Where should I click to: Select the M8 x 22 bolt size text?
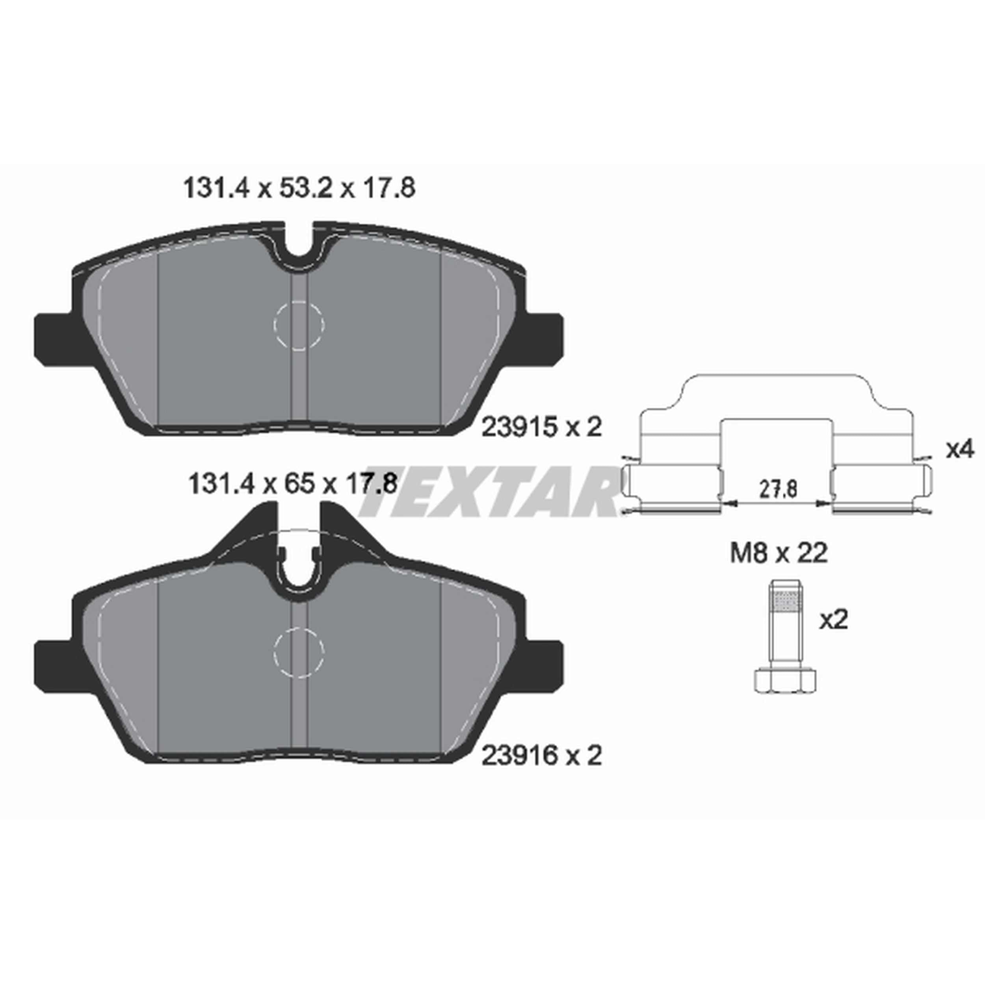[779, 553]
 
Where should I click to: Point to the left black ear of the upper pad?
[54, 340]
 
